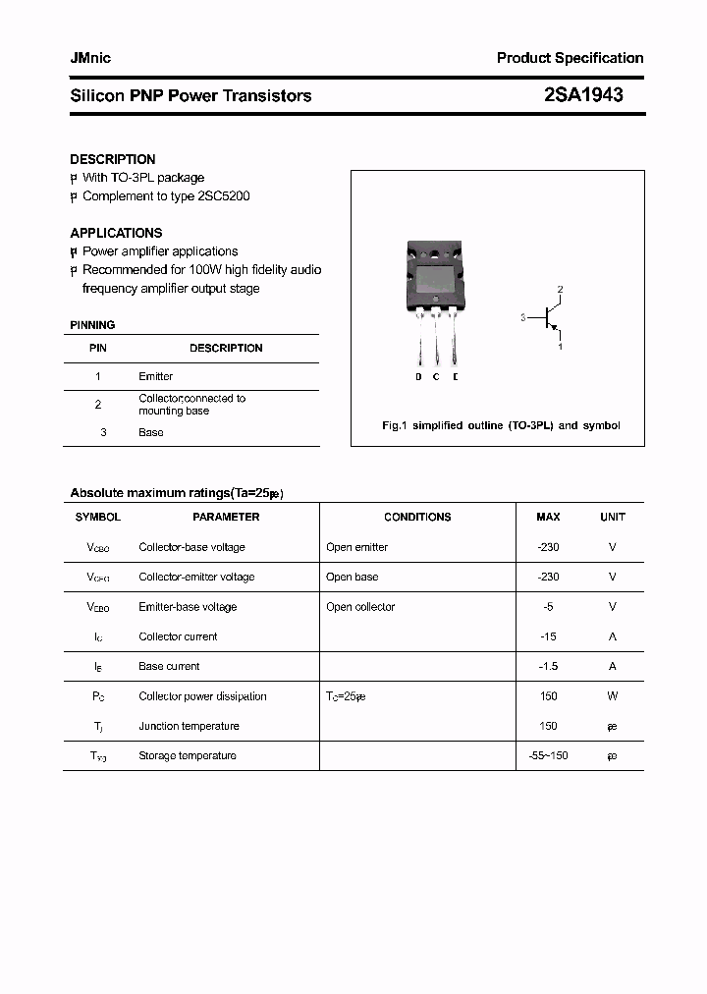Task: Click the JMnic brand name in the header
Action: coord(90,58)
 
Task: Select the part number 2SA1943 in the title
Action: coord(582,95)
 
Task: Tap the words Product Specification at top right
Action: coord(570,58)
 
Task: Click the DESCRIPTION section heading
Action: coord(112,159)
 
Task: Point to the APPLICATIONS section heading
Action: coord(116,233)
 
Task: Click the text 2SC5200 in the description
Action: coord(224,196)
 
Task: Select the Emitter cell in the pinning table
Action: coord(155,376)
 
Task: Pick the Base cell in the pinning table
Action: coord(150,432)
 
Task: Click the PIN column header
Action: coord(98,348)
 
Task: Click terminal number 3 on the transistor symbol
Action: coord(523,317)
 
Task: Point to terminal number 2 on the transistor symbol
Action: coord(560,289)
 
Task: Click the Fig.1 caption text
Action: coord(501,425)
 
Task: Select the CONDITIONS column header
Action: coord(417,517)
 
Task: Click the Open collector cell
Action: coord(360,607)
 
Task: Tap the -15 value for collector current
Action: coord(548,636)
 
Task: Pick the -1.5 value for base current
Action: coord(548,666)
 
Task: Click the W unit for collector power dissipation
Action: coord(612,696)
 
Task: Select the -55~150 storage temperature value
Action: coord(548,755)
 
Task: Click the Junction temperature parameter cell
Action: coord(189,726)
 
